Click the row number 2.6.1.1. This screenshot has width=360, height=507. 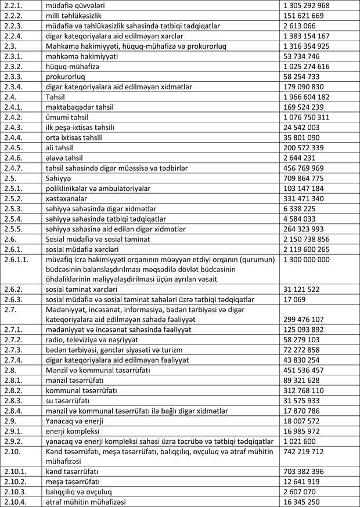pyautogui.click(x=17, y=260)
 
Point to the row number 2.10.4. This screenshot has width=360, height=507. pyautogui.click(x=16, y=501)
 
